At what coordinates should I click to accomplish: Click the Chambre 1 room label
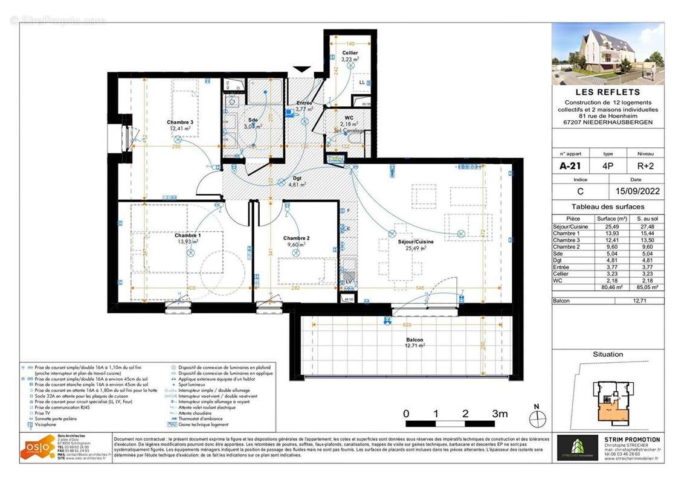tap(187, 235)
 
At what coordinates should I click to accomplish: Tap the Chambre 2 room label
tap(296, 238)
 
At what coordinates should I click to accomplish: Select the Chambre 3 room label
tap(180, 123)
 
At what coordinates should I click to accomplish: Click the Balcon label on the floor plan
tap(415, 340)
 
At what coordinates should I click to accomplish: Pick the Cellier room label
tap(350, 53)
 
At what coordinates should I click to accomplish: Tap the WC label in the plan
tap(349, 117)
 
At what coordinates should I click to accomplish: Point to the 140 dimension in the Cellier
tap(350, 43)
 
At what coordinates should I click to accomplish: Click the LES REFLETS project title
tap(607, 92)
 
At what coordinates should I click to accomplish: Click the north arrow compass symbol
tap(537, 416)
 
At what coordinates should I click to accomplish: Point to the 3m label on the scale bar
tap(499, 414)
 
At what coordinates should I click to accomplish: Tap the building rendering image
tap(607, 54)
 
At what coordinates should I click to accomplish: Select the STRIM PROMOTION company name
tap(631, 440)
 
